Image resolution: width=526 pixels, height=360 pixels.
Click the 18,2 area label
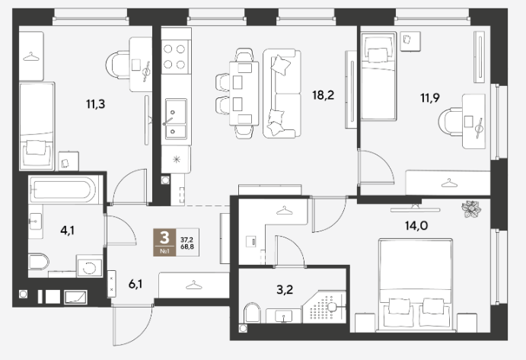pos(323,96)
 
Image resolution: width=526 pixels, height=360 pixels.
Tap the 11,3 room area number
pos(96,104)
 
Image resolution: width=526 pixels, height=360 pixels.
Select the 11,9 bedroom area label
pos(430,98)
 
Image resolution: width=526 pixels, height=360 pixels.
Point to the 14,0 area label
pos(416,226)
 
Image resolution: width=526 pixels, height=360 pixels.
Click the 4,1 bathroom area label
pos(68,231)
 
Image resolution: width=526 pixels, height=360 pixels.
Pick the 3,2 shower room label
pos(285,289)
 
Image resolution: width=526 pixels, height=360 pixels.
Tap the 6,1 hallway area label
pos(135,285)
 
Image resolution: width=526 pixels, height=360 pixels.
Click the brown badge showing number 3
pos(164,242)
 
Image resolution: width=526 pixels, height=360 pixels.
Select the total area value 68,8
pos(187,247)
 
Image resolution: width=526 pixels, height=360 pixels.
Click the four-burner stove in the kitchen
pos(174,56)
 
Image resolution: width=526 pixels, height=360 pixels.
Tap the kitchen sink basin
pos(176,119)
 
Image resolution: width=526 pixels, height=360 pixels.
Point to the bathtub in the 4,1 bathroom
pos(65,190)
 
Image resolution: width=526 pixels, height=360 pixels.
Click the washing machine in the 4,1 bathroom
pos(90,266)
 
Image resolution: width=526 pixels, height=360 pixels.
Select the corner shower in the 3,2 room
pos(324,307)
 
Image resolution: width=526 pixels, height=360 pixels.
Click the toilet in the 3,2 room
pos(252,313)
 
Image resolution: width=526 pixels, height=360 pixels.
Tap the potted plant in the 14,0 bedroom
pos(471,209)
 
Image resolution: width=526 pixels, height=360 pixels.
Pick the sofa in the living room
pos(282,94)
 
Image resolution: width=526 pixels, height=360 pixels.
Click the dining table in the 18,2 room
pos(244,94)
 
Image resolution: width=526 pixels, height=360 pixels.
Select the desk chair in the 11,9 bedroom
pos(450,122)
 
